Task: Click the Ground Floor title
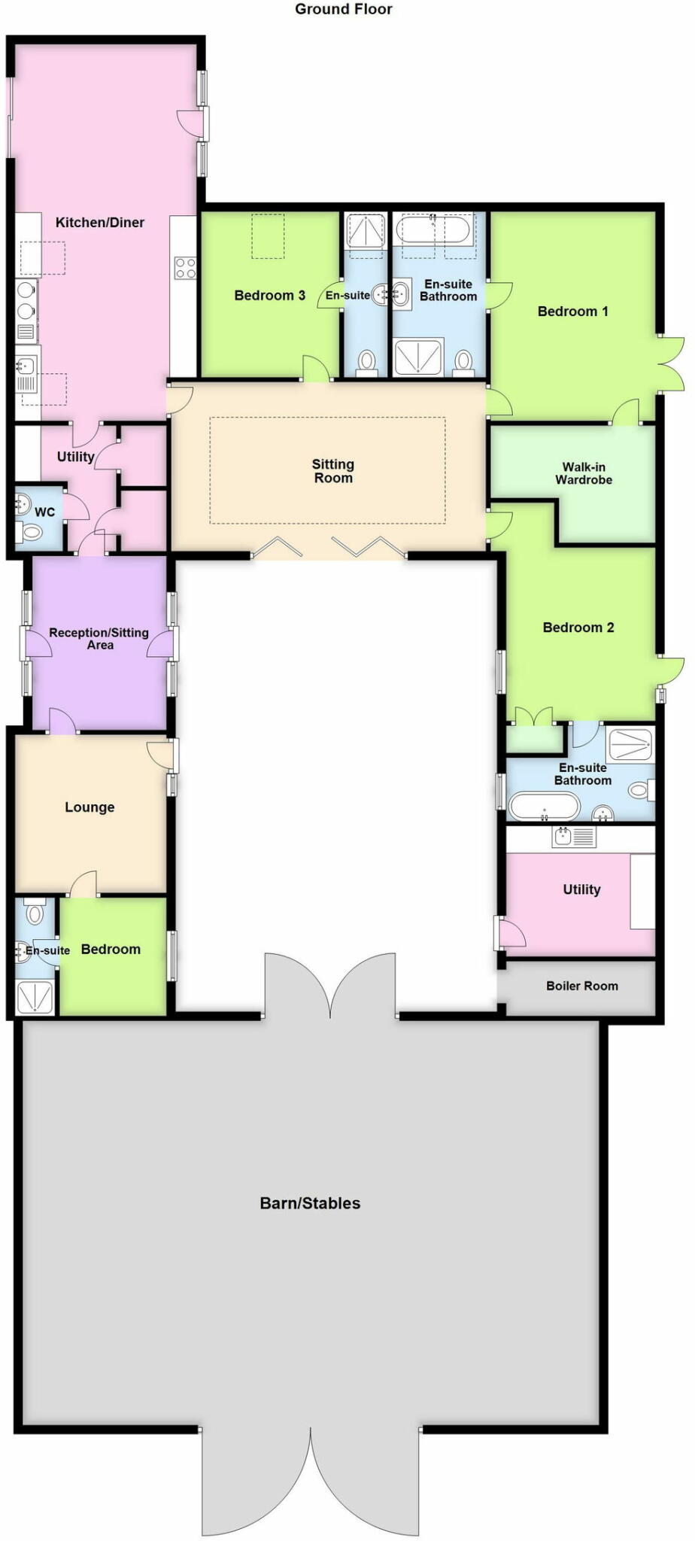pyautogui.click(x=343, y=9)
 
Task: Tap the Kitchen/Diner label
pyautogui.click(x=100, y=222)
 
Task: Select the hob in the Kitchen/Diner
pyautogui.click(x=184, y=268)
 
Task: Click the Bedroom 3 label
pyautogui.click(x=269, y=295)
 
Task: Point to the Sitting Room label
pyautogui.click(x=332, y=471)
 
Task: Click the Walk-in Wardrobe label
pyautogui.click(x=584, y=473)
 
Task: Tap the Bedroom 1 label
pyautogui.click(x=572, y=311)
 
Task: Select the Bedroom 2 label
pyautogui.click(x=578, y=627)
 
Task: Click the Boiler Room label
pyautogui.click(x=581, y=986)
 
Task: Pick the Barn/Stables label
pyautogui.click(x=310, y=1203)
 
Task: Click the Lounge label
pyautogui.click(x=90, y=807)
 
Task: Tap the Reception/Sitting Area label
pyautogui.click(x=99, y=639)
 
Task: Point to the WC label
pyautogui.click(x=44, y=512)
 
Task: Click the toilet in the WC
pyautogui.click(x=29, y=533)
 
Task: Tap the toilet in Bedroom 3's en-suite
pyautogui.click(x=366, y=362)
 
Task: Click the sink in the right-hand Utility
pyautogui.click(x=563, y=835)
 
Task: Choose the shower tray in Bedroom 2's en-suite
pyautogui.click(x=630, y=744)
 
